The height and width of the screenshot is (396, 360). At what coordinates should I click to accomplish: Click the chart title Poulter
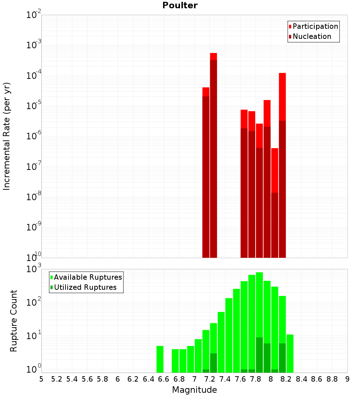180,5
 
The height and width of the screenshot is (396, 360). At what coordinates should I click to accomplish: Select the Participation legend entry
315,26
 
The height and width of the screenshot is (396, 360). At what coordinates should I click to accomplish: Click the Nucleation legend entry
312,36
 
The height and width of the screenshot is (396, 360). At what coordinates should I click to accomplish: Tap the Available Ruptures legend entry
88,277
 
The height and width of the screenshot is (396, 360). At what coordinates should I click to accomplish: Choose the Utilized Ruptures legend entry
85,287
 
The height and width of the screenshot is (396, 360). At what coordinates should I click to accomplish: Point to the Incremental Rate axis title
7,136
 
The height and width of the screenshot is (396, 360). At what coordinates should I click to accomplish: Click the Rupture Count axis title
14,321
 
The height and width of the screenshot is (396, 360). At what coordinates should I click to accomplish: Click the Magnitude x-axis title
194,390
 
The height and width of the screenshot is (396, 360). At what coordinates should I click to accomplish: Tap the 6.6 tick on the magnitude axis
164,379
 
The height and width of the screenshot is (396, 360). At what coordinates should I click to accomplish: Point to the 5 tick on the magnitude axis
41,379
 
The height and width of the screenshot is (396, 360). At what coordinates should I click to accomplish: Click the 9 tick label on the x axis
347,379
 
